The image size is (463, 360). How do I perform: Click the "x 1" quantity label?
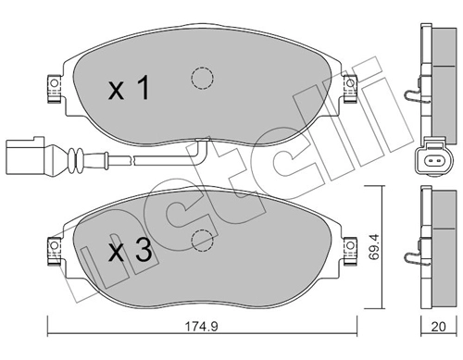129,90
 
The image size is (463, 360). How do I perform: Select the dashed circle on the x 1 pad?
199,80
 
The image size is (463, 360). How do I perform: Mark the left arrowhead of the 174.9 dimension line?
51,332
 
